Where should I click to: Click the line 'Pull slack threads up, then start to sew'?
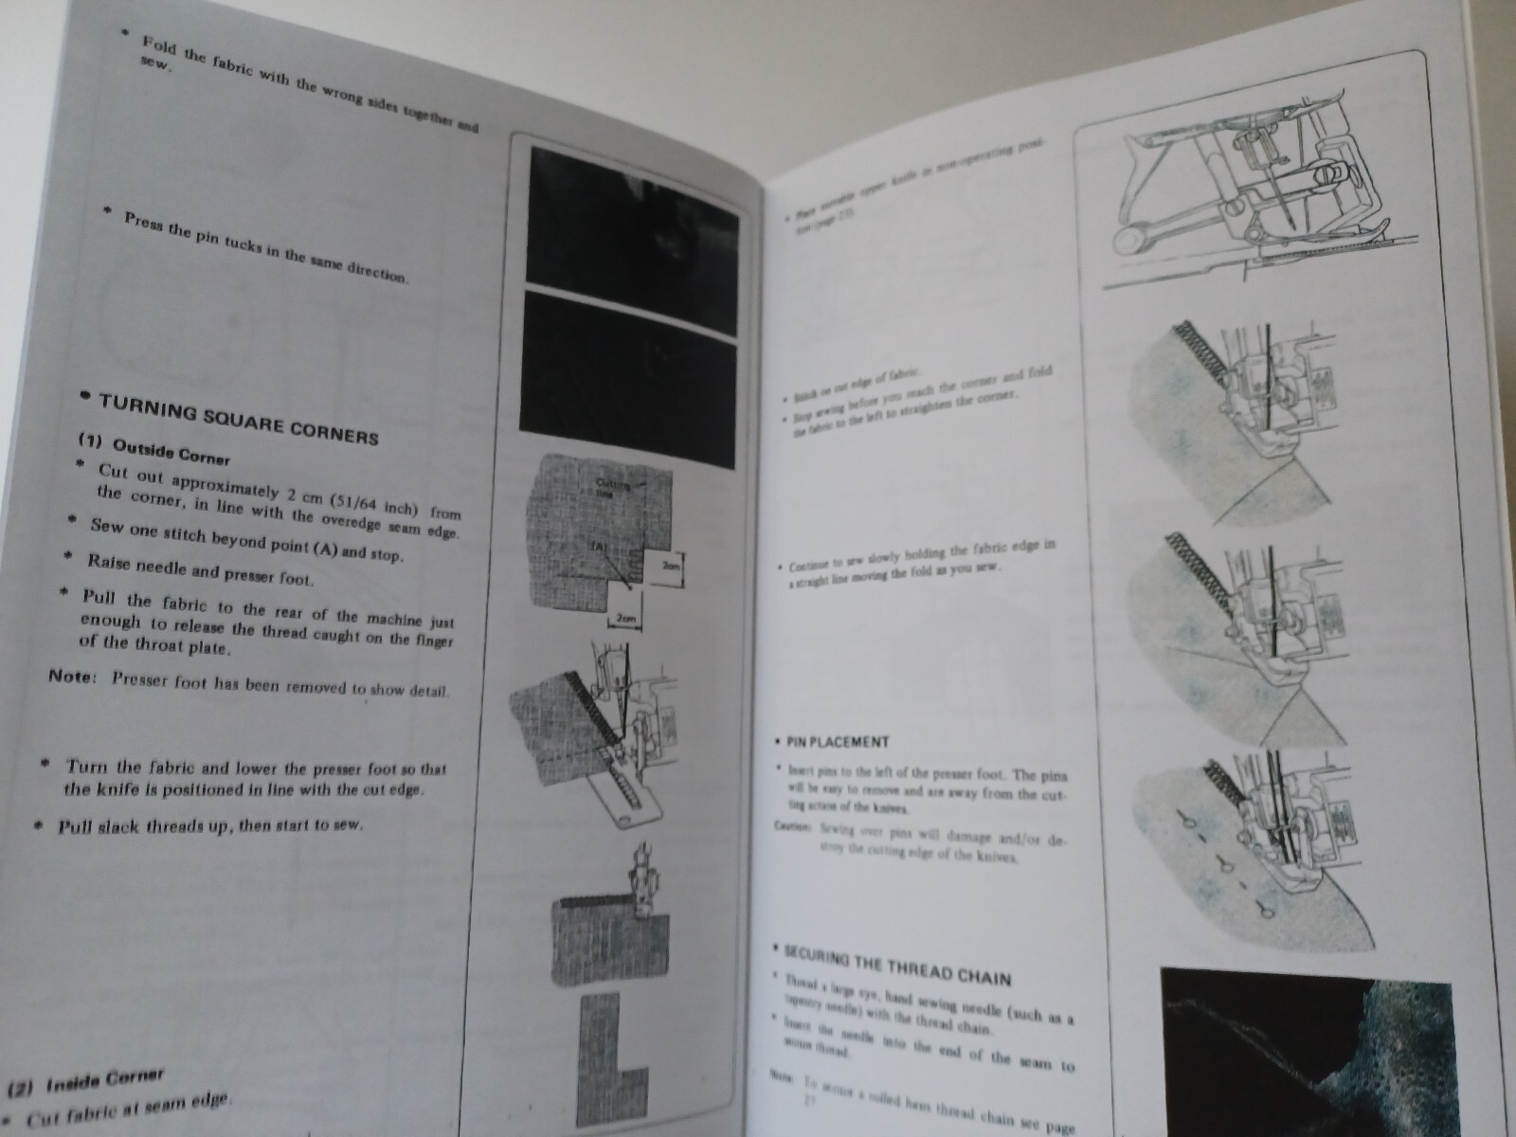pyautogui.click(x=208, y=825)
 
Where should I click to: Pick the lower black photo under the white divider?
pyautogui.click(x=631, y=379)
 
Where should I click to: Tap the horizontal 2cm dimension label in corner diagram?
pyautogui.click(x=625, y=619)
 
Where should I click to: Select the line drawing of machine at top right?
pyautogui.click(x=1251, y=204)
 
